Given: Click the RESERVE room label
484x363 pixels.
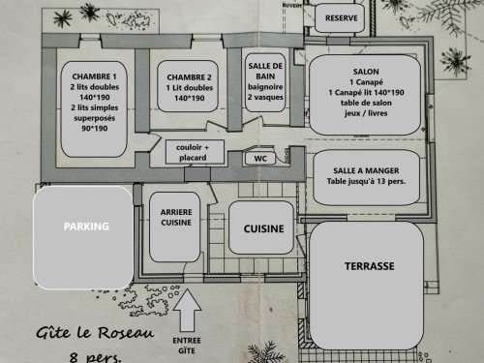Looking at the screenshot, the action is coord(341,18).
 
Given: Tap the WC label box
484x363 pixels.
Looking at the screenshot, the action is coord(260,159).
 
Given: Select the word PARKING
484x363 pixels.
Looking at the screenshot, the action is coord(86,227).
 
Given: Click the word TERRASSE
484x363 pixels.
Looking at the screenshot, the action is coord(370,266).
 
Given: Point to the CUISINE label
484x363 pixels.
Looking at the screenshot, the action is coord(264,228).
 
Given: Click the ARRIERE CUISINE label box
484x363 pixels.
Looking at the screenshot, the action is coord(175,227).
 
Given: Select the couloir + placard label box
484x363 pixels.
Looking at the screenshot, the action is coord(195,152).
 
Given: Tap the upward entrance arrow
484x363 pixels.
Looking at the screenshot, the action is coord(187,310).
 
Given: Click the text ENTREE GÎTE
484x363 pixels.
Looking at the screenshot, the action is coord(187,346).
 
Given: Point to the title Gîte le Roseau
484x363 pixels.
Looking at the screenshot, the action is coord(95,332).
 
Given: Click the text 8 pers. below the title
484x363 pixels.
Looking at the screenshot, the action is coord(96,357).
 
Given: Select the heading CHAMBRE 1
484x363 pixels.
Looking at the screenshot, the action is coord(94,76).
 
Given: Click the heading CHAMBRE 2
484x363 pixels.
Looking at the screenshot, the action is coord(189,77).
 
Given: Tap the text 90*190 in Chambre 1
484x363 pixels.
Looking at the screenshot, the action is coord(95,129).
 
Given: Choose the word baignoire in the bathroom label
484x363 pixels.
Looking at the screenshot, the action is coord(265,87).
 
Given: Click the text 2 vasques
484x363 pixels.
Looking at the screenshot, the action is coord(265,97).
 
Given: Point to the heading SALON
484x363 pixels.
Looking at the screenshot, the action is coord(366,72).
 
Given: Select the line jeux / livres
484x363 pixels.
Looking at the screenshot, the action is coord(366,113).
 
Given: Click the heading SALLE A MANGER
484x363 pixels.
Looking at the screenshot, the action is coord(366,170).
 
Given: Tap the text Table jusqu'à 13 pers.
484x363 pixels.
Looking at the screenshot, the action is coord(366,181).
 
